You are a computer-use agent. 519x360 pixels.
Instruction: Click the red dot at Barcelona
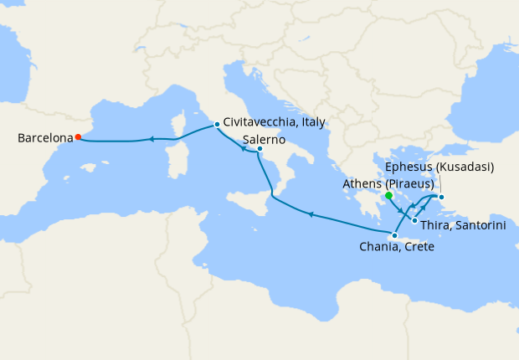78,137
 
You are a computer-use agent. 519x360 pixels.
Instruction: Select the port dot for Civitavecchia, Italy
217,125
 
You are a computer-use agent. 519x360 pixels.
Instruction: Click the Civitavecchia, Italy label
275,122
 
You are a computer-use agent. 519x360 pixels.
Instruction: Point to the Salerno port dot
259,150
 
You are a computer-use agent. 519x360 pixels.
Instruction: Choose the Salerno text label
265,139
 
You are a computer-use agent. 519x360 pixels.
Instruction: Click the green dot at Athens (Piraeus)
389,196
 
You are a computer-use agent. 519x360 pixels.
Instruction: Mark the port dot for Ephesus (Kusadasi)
442,198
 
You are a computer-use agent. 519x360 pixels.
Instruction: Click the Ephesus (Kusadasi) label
440,167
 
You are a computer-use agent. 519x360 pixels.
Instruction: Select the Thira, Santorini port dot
414,220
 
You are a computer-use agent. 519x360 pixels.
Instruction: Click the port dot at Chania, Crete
394,235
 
